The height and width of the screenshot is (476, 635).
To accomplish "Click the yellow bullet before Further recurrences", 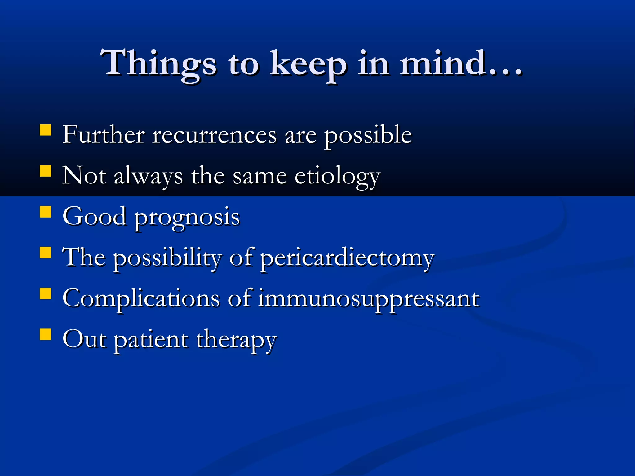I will [46, 130].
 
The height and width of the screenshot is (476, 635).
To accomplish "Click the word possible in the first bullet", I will [368, 136].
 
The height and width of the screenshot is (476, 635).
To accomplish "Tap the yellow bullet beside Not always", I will [46, 171].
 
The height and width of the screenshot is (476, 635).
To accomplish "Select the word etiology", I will [337, 177].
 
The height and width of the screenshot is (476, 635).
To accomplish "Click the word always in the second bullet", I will [148, 177].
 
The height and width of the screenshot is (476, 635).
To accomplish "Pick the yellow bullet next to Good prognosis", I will [46, 212].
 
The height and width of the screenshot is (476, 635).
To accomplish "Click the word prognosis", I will [187, 218].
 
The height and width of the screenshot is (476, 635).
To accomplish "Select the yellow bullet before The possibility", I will [46, 253].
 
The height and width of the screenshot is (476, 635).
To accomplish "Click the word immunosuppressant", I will [368, 299].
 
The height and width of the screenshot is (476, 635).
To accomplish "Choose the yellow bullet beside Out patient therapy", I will [46, 335].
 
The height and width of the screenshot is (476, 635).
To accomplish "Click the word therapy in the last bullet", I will [236, 340].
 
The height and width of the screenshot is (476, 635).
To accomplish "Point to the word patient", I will [151, 340].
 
